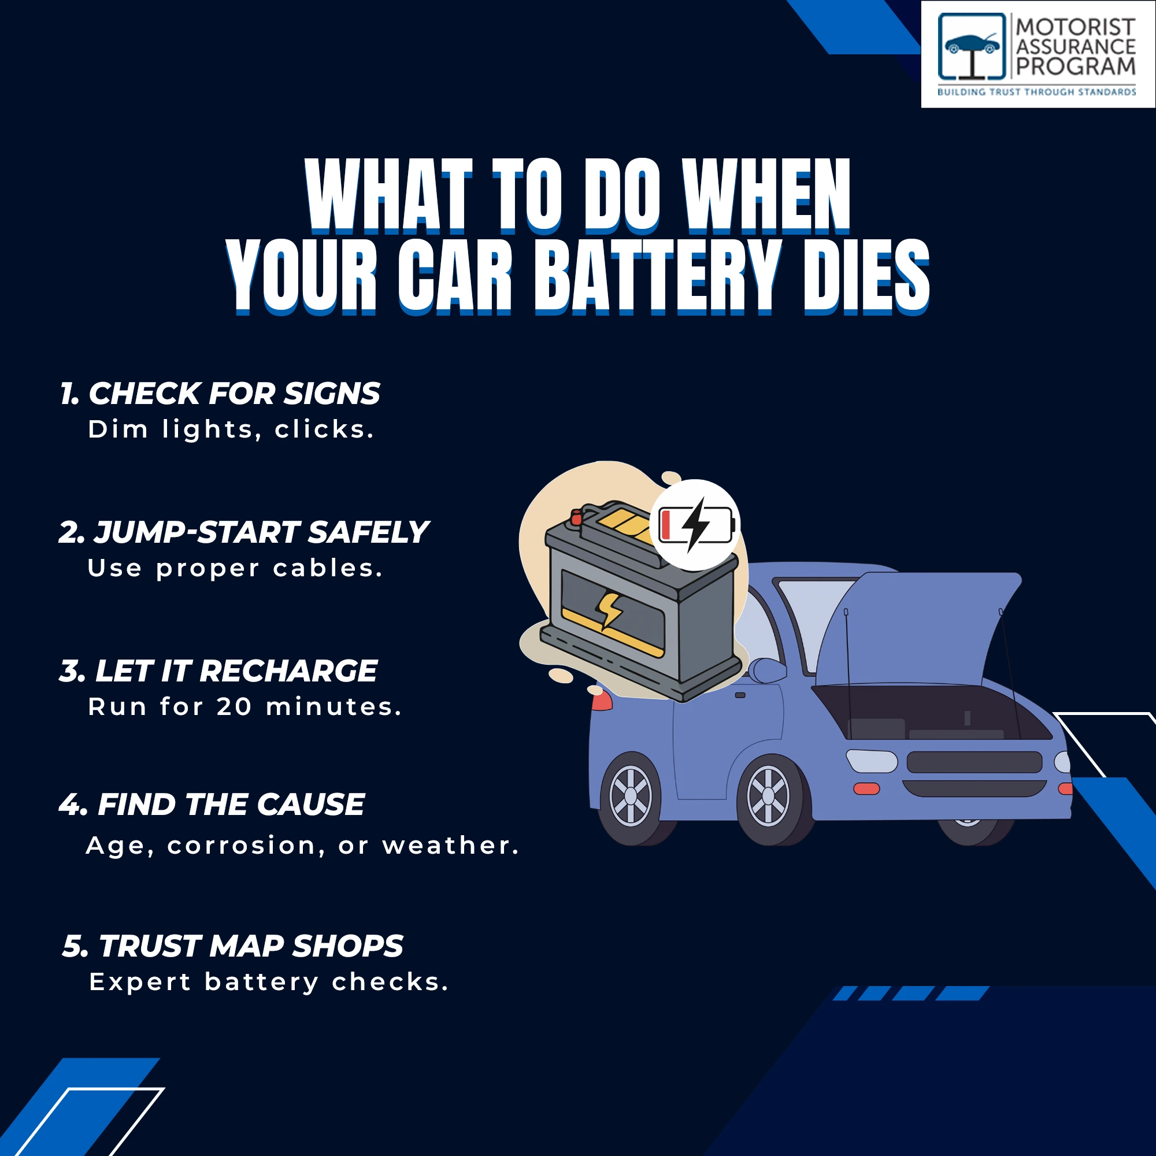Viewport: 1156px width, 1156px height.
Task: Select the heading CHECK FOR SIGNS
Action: [220, 394]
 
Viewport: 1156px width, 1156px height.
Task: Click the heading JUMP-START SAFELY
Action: [243, 532]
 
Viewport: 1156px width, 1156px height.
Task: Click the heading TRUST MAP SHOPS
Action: [233, 946]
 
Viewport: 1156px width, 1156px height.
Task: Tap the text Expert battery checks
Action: [269, 983]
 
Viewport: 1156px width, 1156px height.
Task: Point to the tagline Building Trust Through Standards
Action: [1036, 92]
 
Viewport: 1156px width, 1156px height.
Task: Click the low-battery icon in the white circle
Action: [695, 525]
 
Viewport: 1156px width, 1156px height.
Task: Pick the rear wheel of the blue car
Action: [631, 796]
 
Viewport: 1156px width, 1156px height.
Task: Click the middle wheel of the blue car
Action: [770, 796]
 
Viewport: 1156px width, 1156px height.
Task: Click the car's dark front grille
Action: [975, 762]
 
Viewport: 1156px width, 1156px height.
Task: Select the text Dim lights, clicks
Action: [231, 429]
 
